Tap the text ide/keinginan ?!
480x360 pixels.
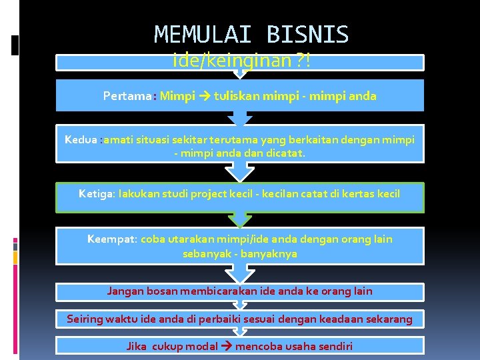coord(241,61)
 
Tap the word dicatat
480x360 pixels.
coord(286,153)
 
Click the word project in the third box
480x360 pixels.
coord(211,194)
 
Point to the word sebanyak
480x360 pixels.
coord(206,253)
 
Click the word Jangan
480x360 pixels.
coord(125,291)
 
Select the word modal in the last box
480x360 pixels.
coord(201,346)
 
